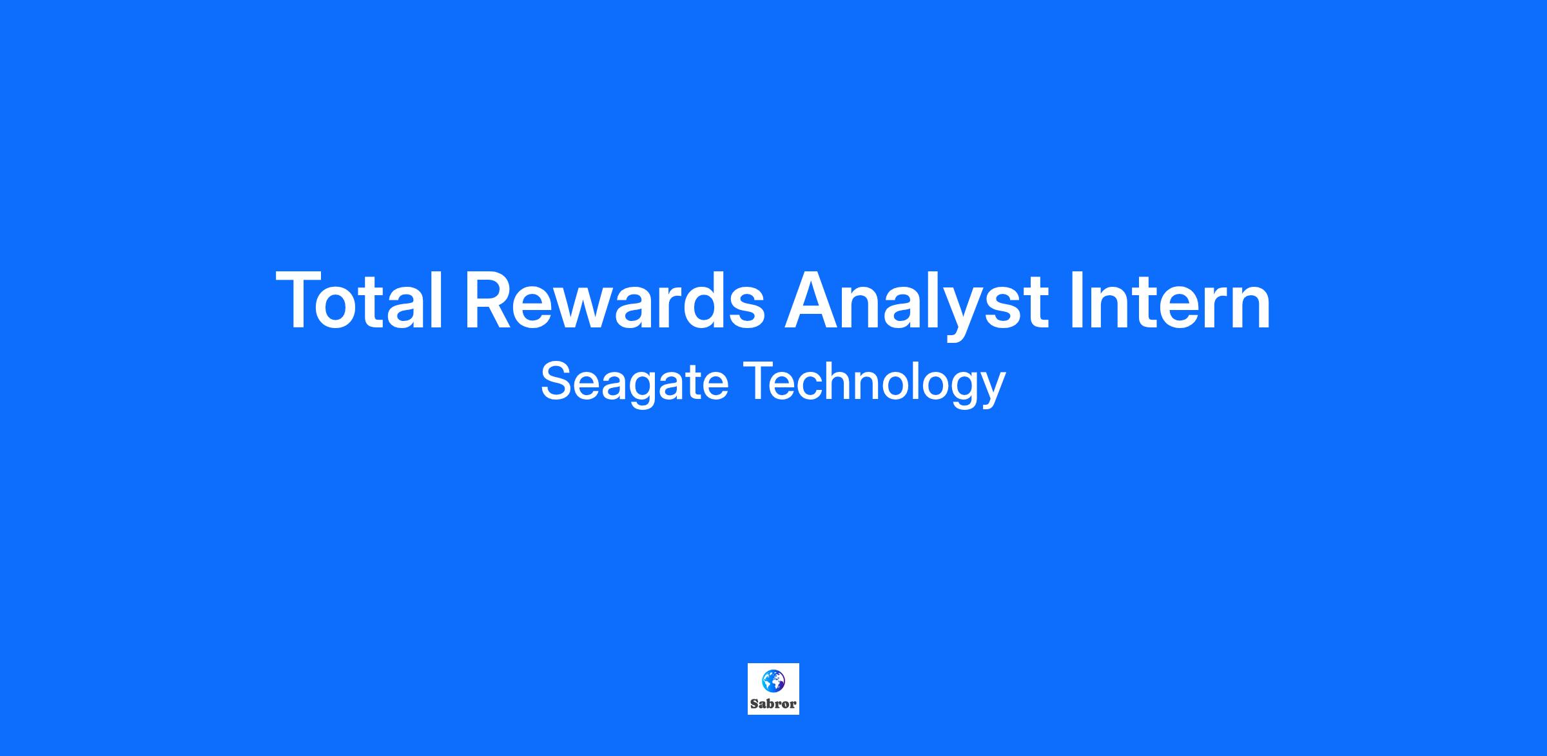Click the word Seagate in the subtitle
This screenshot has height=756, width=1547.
coord(634,383)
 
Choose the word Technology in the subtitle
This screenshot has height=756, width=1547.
coord(875,383)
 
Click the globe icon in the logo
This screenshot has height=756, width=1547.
coord(773,680)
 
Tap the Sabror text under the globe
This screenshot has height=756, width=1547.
coord(773,704)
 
